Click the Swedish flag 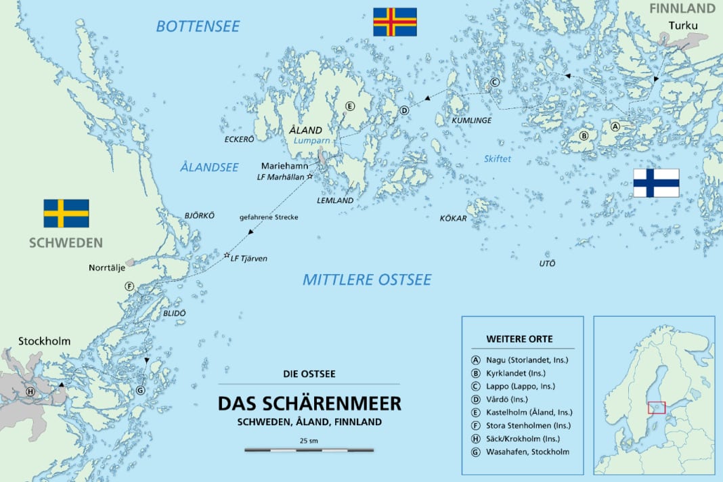coord(66,213)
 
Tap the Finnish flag coord(656,183)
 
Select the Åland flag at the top coord(395,22)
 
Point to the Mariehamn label coord(285,165)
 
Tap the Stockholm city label coord(44,341)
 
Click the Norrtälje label coord(108,267)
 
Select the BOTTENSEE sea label coord(198,26)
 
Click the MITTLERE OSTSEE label coord(366,280)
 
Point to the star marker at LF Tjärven coord(227,255)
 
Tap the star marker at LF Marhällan coord(310,177)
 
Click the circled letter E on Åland coord(349,106)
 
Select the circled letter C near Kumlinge coord(494,83)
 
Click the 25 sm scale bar coord(309,449)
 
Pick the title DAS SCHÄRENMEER coord(309,403)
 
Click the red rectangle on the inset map coord(656,408)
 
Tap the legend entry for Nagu coord(519,360)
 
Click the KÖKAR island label coord(454,219)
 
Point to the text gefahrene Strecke coord(269,217)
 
